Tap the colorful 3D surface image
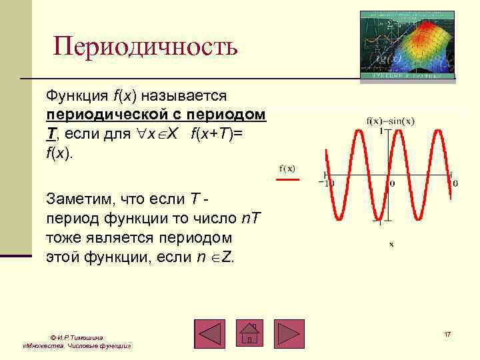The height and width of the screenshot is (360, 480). point(407,45)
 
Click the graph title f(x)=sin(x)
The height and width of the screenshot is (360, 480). point(391,121)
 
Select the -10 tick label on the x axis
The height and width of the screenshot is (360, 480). point(327,183)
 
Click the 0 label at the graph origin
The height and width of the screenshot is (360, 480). point(391,183)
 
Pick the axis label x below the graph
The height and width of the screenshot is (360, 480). point(391,244)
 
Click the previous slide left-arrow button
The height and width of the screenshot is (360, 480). point(210,334)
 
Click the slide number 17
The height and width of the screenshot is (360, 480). point(447,333)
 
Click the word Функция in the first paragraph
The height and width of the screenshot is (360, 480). point(72,98)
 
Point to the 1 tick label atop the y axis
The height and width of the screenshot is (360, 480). point(381,131)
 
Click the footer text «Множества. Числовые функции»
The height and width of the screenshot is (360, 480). point(76,347)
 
